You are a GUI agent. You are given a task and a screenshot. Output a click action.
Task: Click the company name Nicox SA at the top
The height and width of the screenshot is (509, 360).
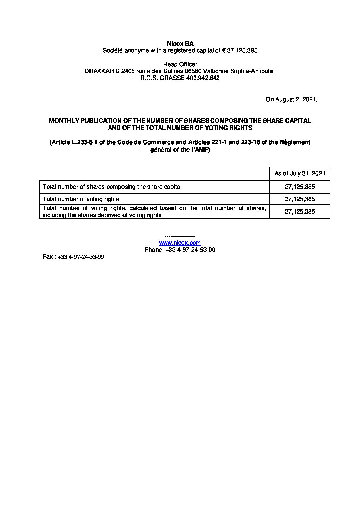point(180,44)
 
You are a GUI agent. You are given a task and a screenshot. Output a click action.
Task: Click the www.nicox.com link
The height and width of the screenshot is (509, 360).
point(180,243)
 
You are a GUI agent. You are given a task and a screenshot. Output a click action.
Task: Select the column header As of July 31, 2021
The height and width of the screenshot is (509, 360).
point(300,174)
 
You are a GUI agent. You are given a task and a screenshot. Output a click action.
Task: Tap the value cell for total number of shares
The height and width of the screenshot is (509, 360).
point(300,187)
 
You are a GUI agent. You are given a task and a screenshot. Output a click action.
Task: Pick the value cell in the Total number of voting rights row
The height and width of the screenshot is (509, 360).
point(300,199)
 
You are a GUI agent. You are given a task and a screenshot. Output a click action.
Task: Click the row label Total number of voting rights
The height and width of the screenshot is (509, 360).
point(81,199)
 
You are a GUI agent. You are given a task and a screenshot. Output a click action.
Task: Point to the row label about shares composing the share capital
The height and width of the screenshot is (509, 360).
point(112,187)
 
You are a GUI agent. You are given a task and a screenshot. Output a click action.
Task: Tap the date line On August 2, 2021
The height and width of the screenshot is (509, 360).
point(291,100)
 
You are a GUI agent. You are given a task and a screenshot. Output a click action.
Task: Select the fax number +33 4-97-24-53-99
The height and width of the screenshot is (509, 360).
point(81,257)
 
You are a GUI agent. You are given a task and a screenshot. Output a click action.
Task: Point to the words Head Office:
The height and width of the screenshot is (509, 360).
point(180,64)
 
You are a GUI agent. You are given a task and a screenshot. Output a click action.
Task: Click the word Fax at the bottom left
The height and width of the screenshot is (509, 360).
point(47,257)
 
